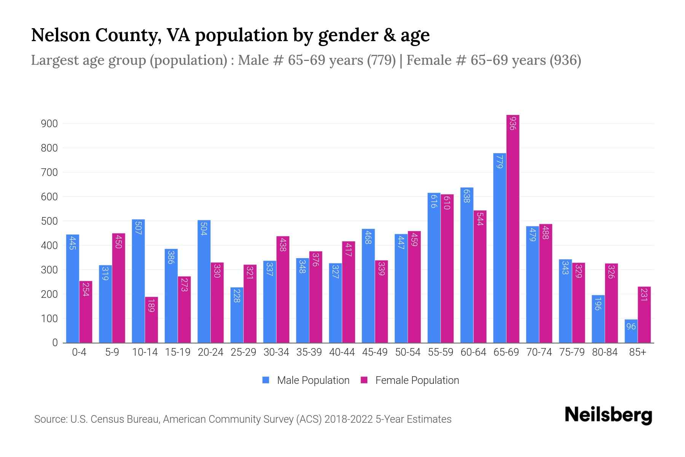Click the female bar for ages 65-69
tap(513, 228)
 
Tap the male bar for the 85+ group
tap(631, 331)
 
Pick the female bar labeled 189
tap(151, 320)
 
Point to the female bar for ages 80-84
tap(611, 303)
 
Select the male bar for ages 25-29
tap(237, 315)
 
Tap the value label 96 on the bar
tap(631, 327)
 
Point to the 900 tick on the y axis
tap(49, 124)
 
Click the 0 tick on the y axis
tap(55, 343)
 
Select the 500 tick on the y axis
tap(49, 221)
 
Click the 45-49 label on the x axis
tap(374, 352)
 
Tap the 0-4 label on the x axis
tap(79, 352)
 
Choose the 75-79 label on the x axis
tap(572, 352)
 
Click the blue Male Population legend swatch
tap(266, 380)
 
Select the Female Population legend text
tap(417, 380)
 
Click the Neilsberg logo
tap(608, 415)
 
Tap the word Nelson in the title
tap(60, 35)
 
